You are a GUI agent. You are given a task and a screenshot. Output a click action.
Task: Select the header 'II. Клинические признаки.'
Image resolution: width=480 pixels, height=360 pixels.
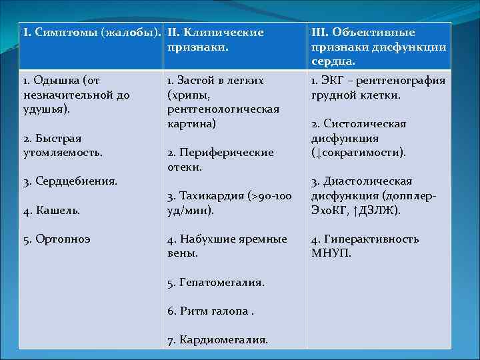point(215,40)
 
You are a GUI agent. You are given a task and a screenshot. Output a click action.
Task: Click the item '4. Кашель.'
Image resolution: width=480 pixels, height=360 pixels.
point(51,211)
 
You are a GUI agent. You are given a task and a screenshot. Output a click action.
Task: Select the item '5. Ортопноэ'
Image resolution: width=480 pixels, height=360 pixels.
point(57,239)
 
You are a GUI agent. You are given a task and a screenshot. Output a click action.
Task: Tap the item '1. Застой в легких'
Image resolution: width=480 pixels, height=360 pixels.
point(215,81)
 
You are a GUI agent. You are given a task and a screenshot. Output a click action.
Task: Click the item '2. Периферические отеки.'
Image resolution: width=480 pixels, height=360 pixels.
point(220,160)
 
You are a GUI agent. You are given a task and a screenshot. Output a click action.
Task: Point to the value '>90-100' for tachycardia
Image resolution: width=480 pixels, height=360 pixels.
point(269,196)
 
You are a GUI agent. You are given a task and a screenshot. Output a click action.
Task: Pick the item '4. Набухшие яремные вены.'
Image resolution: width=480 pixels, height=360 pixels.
point(227,246)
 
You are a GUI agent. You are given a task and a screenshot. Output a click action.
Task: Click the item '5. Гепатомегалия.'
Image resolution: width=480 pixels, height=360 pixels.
point(215,283)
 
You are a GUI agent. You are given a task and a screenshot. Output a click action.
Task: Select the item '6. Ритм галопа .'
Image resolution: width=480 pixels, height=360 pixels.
point(211,311)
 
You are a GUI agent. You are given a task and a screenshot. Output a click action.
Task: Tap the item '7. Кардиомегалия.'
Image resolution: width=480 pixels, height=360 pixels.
point(217,340)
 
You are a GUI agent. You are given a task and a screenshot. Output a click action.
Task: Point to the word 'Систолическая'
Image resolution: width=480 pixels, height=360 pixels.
point(358,124)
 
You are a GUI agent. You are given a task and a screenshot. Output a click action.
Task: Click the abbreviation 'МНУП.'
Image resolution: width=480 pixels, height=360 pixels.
point(331,253)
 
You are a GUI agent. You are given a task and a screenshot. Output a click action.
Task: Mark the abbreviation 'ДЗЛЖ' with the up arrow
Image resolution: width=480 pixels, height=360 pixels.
point(379,211)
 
